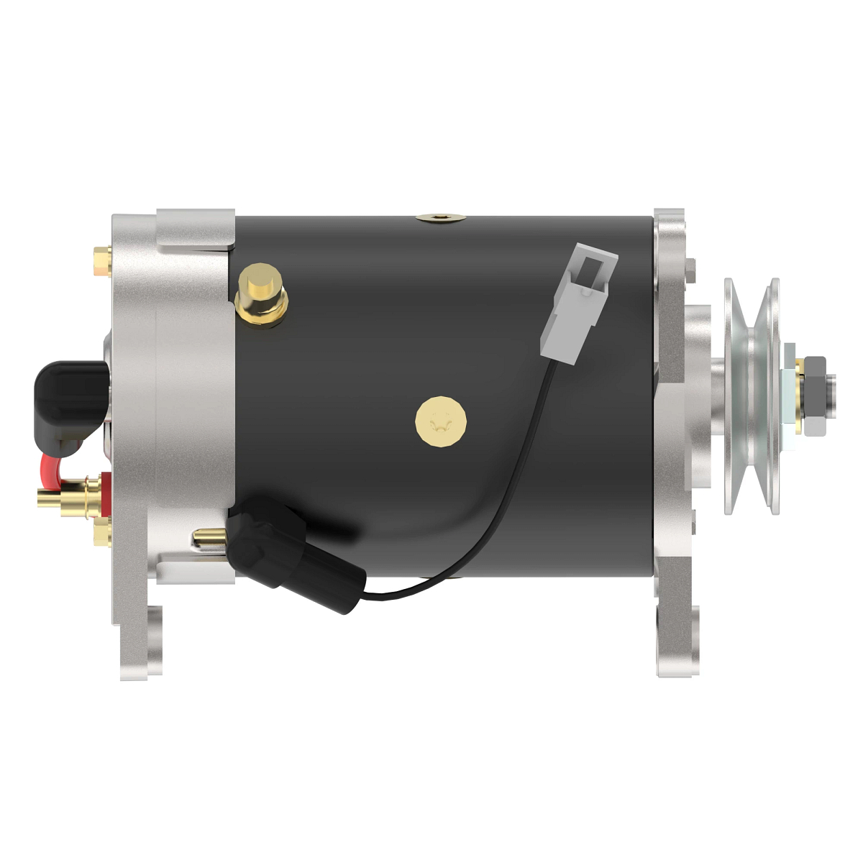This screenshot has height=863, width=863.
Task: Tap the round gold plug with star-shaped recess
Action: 440,421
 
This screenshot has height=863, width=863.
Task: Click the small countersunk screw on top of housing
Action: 440,216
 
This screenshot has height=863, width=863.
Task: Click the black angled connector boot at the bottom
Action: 295,554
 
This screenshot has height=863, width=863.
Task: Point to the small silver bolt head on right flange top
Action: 690,270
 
